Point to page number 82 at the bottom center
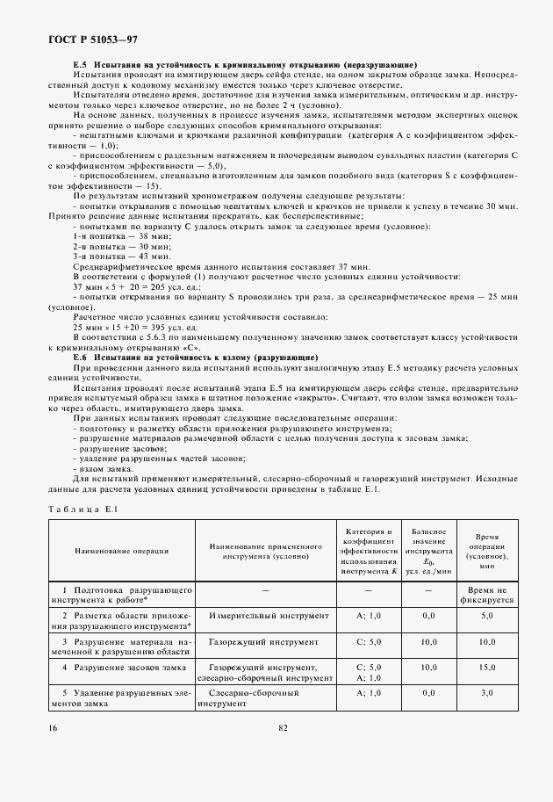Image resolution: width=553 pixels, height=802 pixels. coord(283,727)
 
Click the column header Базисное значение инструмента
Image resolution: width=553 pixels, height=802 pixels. coord(429,551)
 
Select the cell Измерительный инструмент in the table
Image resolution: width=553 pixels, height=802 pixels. coord(256,618)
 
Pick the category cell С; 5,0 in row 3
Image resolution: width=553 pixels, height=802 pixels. coord(369,643)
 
